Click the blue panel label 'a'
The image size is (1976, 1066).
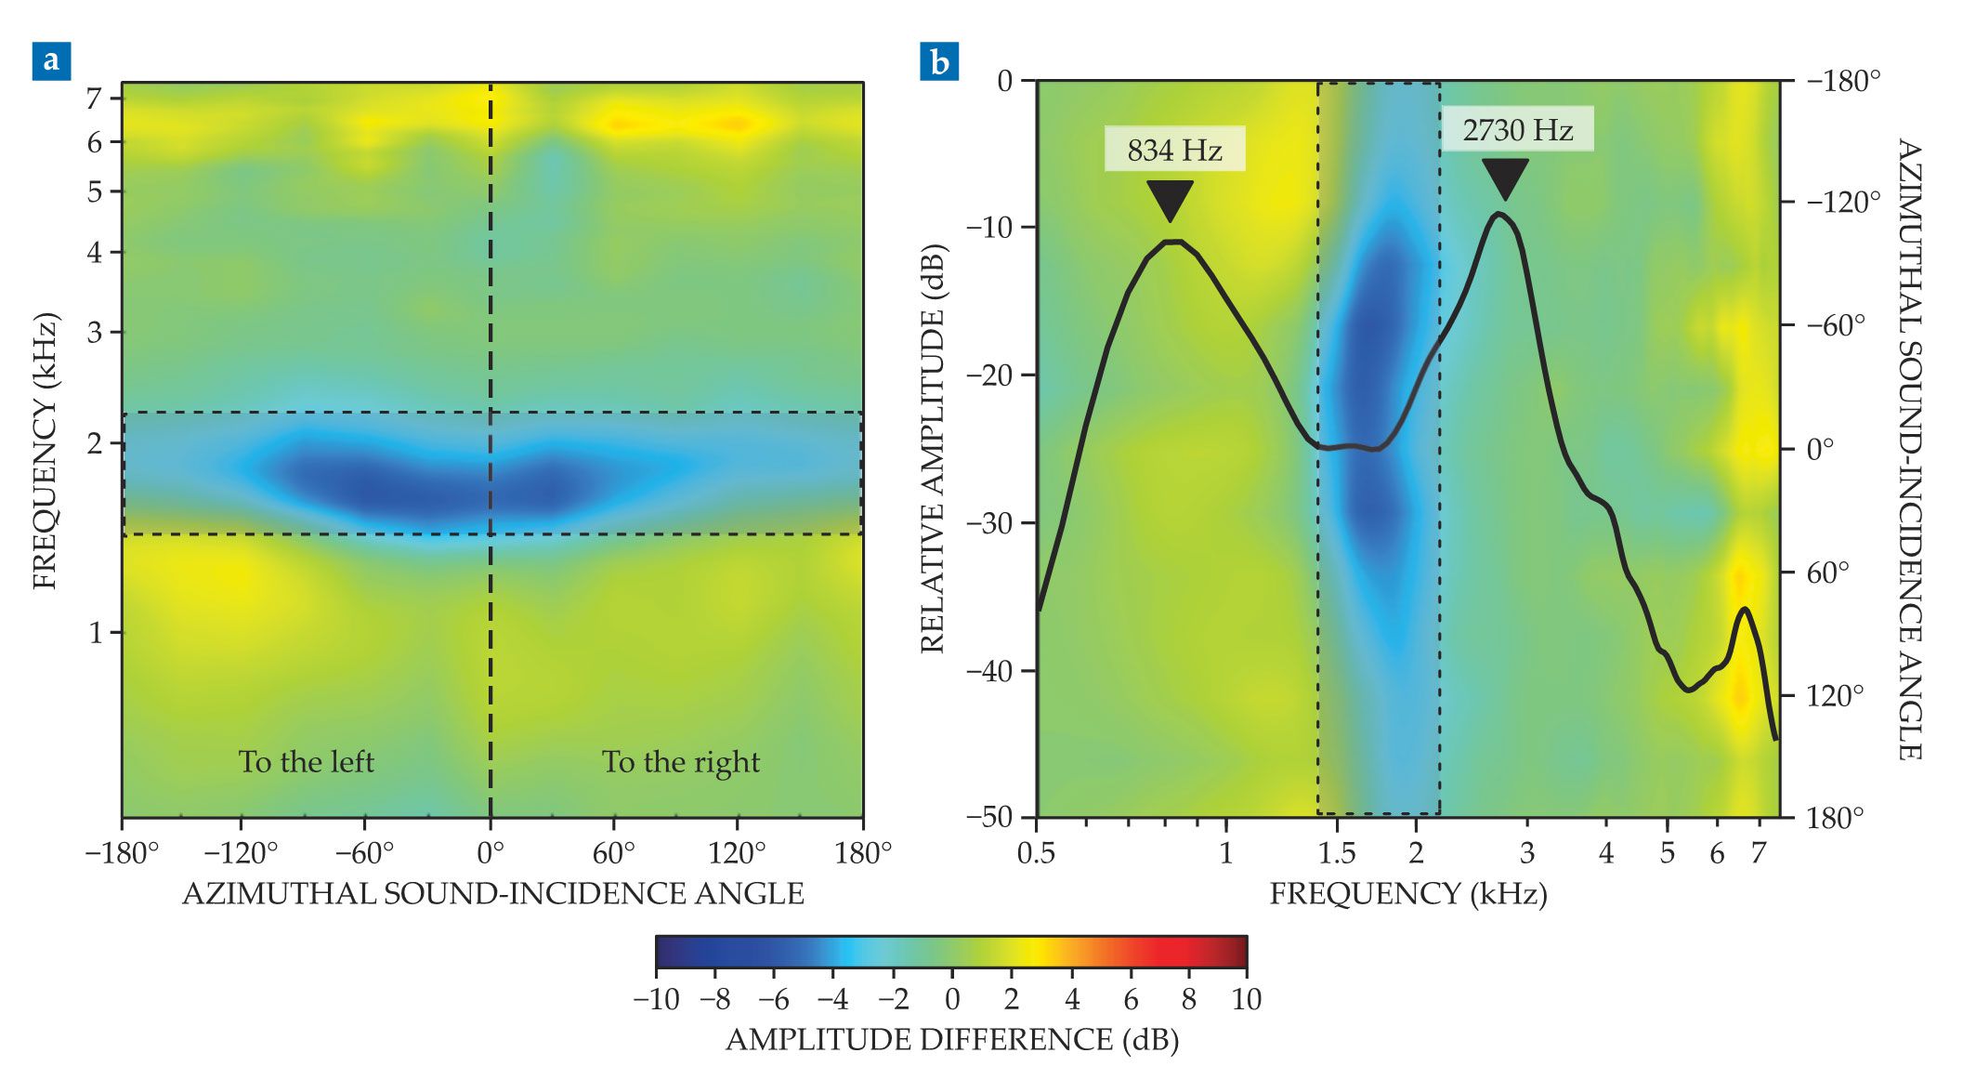(51, 61)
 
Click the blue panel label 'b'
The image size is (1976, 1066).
(939, 61)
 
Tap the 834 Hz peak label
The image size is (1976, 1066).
(1174, 150)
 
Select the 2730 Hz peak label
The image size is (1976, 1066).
(1517, 129)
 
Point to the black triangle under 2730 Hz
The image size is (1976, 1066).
(1505, 178)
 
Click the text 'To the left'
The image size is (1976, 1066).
(306, 762)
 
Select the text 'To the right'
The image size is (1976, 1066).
(681, 762)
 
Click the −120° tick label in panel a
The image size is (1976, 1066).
(241, 852)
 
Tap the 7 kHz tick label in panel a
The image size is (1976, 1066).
(94, 98)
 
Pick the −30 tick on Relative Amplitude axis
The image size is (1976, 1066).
(992, 523)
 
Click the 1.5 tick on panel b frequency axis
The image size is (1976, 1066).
(1337, 852)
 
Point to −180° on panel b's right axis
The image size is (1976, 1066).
(1843, 82)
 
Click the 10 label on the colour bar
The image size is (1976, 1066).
(1246, 1000)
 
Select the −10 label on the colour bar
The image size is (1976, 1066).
(656, 1000)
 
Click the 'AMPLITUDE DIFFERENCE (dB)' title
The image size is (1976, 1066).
(951, 1040)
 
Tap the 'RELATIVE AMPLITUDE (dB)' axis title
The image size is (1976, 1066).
(932, 449)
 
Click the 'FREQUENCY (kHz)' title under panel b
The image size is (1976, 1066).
(1407, 894)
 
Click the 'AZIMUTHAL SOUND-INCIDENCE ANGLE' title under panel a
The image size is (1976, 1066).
(492, 894)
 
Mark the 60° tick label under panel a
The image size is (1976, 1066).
(613, 852)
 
